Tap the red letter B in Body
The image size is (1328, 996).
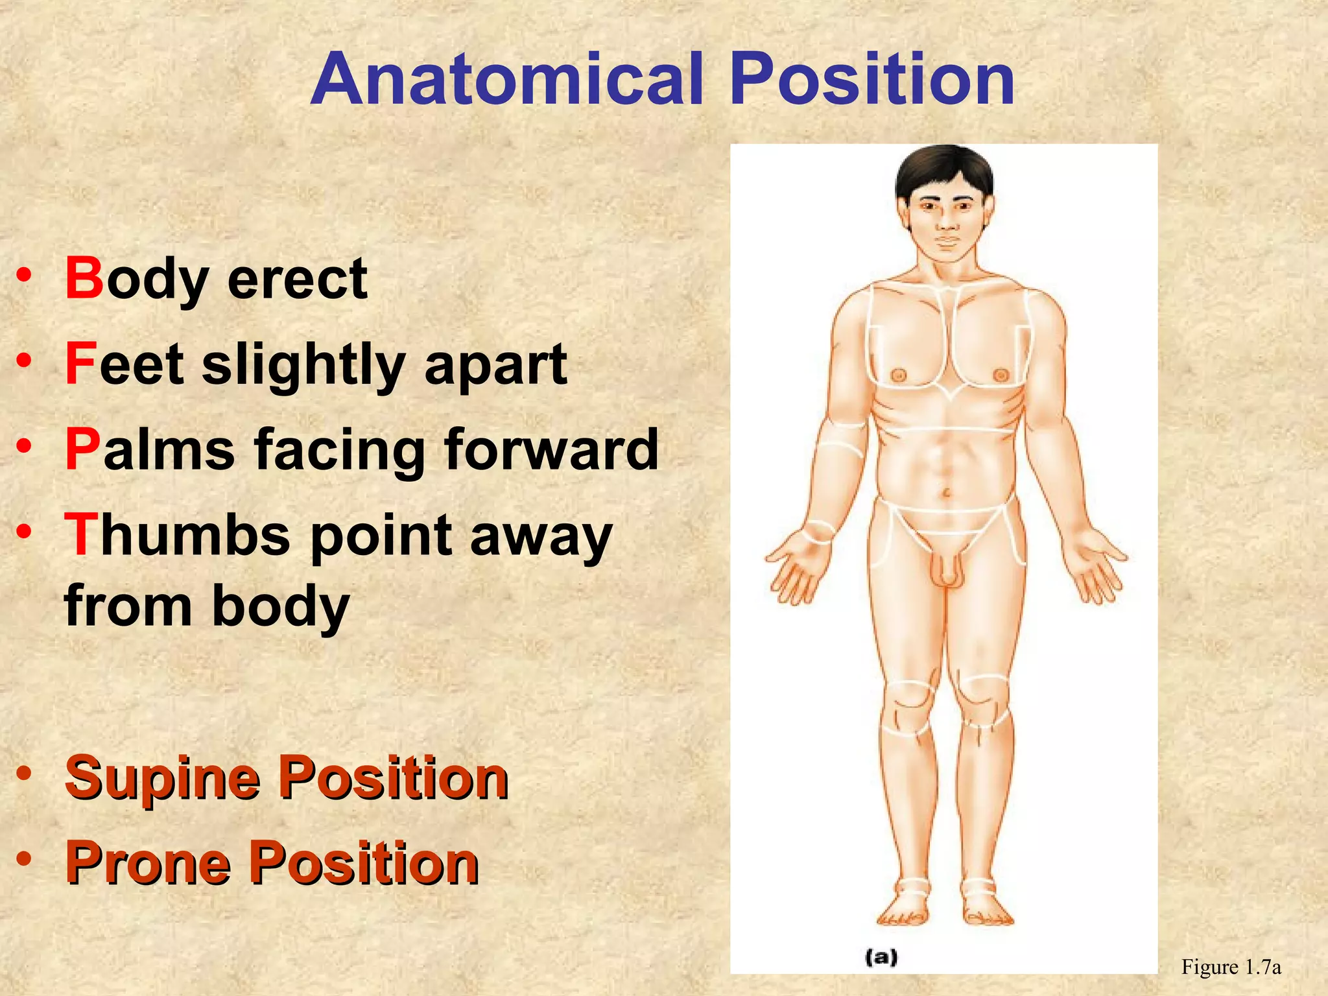tap(84, 278)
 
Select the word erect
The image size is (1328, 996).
tap(298, 279)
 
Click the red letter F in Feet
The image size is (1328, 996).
tap(81, 364)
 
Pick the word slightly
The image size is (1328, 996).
tap(303, 366)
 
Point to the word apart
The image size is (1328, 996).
tap(495, 366)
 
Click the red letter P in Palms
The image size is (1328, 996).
tap(83, 449)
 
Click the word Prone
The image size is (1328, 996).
tap(148, 864)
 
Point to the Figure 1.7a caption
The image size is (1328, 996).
tap(1230, 967)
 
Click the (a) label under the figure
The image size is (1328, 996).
tap(881, 956)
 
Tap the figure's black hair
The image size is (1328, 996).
tap(943, 169)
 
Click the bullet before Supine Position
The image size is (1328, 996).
tap(24, 774)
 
